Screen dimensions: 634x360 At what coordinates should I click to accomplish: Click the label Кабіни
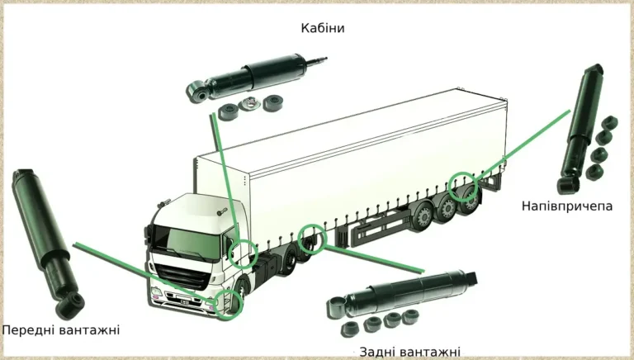[323, 28]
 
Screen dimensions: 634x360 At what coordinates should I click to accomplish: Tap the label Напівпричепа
[567, 206]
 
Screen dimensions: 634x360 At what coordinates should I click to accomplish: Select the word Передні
[28, 330]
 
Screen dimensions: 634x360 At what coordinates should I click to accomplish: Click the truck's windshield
[187, 242]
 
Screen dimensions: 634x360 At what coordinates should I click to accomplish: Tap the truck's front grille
[183, 276]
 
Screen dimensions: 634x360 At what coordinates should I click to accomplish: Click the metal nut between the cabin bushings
[248, 104]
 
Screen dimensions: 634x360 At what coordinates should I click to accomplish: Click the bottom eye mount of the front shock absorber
[70, 305]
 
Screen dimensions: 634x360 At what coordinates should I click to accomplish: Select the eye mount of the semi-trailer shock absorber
[569, 185]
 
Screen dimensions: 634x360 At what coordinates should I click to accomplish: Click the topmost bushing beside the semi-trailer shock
[609, 121]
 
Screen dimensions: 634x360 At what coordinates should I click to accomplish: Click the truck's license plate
[184, 301]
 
